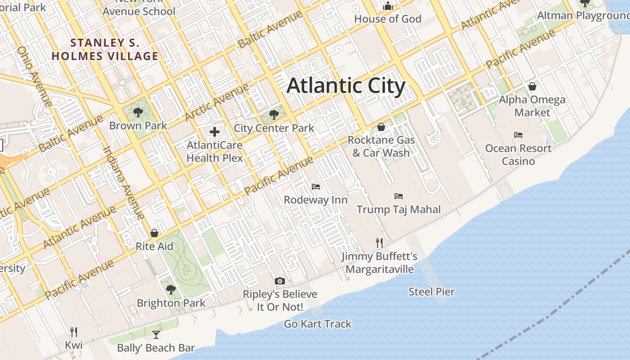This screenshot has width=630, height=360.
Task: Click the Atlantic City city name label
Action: [x=346, y=85]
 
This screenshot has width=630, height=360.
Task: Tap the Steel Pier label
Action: [x=432, y=292]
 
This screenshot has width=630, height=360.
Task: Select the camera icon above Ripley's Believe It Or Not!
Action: [x=280, y=281]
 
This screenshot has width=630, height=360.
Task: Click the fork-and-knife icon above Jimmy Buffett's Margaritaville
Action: [x=379, y=243]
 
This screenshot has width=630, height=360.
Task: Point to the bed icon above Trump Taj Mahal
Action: [x=398, y=196]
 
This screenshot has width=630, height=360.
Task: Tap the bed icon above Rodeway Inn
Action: [x=316, y=186]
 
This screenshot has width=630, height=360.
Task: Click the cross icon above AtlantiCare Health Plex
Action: [x=215, y=132]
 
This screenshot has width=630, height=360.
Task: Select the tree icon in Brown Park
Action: [x=138, y=112]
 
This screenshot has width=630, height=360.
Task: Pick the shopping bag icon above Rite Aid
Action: [x=154, y=233]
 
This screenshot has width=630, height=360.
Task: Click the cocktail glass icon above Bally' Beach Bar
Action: [x=156, y=334]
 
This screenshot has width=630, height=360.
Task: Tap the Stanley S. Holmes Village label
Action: [x=105, y=49]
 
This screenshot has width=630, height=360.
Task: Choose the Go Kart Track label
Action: [x=318, y=324]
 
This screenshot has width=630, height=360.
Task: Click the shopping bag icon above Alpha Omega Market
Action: [x=532, y=86]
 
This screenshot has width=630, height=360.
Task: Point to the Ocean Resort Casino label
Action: [x=518, y=154]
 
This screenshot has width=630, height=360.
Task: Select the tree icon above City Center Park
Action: [x=274, y=115]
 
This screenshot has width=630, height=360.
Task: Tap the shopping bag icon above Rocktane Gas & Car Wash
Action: [x=381, y=127]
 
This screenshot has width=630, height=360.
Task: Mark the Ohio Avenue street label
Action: [x=34, y=76]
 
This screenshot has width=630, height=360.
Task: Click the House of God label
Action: [x=387, y=19]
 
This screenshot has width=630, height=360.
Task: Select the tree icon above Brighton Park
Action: [x=171, y=289]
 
